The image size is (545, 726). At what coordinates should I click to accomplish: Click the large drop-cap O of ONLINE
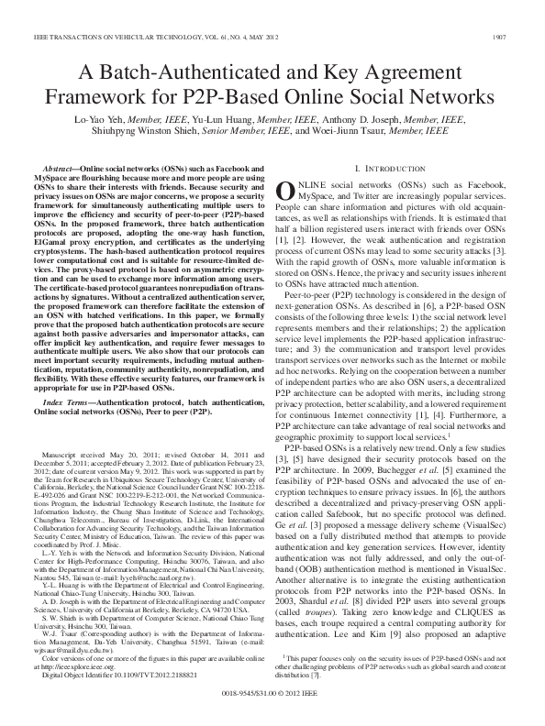click(285, 190)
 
